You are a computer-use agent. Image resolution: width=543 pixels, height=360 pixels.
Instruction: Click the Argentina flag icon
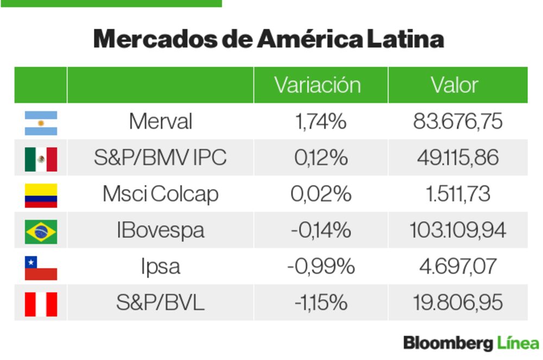(x=41, y=123)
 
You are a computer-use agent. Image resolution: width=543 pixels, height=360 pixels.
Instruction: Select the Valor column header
(x=454, y=85)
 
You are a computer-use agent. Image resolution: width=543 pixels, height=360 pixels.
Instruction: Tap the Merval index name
(x=160, y=122)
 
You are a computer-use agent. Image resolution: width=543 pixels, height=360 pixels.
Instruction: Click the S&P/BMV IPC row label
(x=160, y=158)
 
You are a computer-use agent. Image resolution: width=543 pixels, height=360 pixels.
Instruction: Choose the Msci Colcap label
(x=160, y=194)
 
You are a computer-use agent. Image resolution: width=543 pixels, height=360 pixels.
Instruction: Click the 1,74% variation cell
(x=320, y=122)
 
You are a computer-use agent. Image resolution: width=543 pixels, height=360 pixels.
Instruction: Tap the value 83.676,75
(x=458, y=122)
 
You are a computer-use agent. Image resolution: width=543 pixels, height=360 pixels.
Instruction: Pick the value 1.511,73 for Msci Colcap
(x=458, y=194)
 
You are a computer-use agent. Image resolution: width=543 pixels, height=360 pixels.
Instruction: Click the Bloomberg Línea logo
(x=471, y=343)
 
